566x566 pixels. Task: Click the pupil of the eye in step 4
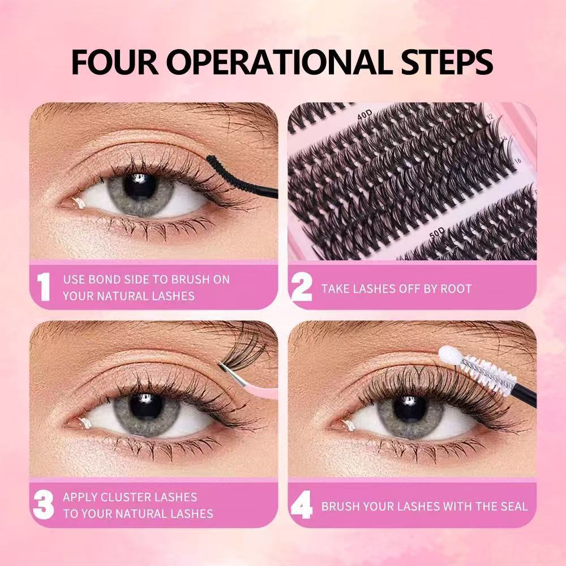click(405, 407)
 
